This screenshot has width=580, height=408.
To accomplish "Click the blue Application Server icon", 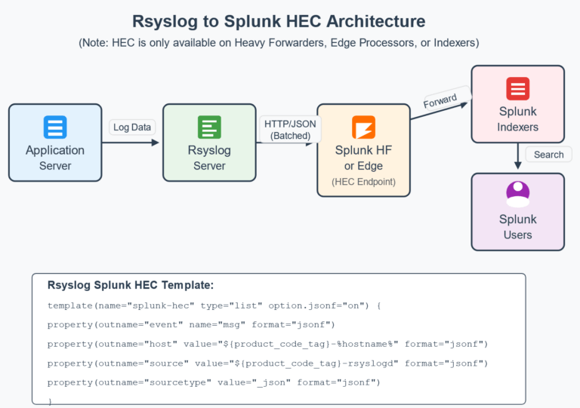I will (55, 127).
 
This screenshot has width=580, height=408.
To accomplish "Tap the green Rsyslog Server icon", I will (209, 127).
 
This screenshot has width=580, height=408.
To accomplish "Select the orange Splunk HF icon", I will (363, 127).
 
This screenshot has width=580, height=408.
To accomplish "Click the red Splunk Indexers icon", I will (517, 89).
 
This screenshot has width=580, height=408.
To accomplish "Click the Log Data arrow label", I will (131, 127).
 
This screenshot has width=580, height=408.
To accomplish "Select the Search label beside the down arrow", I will (548, 155).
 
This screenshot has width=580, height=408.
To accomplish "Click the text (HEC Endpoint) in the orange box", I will (363, 182).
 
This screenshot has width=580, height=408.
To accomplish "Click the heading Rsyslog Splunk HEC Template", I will (131, 285).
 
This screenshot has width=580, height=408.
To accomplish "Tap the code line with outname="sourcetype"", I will (214, 383).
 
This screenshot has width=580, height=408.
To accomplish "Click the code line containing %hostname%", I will (267, 344).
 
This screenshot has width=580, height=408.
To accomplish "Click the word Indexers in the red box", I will (517, 127).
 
